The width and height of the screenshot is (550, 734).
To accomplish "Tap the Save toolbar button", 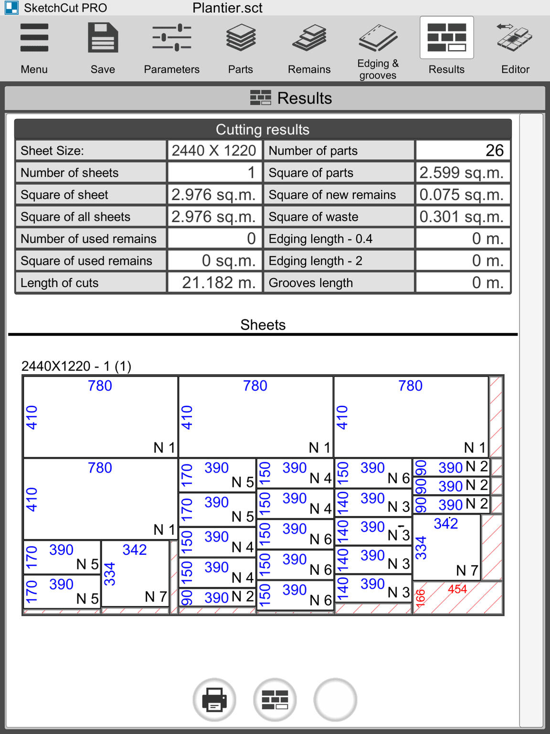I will tap(103, 48).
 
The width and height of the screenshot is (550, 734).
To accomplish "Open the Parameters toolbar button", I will tap(171, 48).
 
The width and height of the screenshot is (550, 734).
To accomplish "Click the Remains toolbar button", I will tap(309, 48).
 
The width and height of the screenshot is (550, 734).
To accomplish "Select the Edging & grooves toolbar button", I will tap(378, 48).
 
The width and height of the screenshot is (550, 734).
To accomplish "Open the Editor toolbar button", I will tap(515, 48).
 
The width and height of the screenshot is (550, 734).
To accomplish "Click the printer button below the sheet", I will tap(214, 700).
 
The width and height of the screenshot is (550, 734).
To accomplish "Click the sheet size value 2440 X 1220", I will tap(214, 151).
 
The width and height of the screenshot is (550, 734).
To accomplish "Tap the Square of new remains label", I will tap(332, 194).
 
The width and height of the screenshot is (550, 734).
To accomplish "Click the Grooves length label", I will tap(311, 282).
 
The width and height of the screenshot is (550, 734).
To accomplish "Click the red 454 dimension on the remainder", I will tap(457, 589).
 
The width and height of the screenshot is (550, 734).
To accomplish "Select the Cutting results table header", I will tap(263, 130).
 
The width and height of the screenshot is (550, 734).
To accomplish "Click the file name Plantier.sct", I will tap(227, 8).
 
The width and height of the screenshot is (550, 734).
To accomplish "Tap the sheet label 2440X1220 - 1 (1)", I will tap(76, 366).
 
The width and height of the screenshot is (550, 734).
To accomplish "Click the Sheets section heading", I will tap(263, 325).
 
